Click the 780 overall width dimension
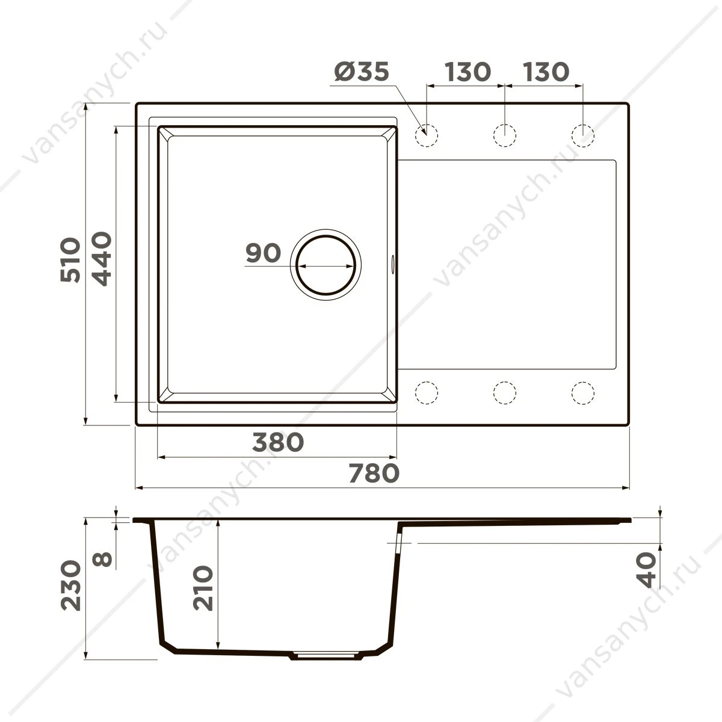[x=374, y=473]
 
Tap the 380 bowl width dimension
[x=277, y=442]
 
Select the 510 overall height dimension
[x=70, y=260]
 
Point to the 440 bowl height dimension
[x=102, y=259]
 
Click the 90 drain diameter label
[x=263, y=253]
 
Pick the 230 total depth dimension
[x=71, y=585]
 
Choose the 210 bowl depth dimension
[x=203, y=588]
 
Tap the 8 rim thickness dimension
[x=102, y=559]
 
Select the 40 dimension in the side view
[x=647, y=570]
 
